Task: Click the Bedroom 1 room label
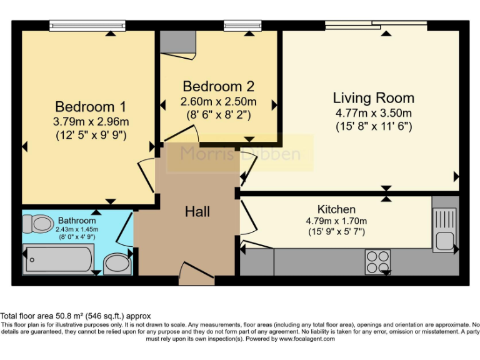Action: coord(85,106)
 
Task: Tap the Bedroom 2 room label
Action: coord(218,86)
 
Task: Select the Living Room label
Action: coord(373,97)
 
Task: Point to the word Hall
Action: coord(197,212)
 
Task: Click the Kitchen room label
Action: coord(336,209)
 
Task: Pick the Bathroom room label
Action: coord(77,221)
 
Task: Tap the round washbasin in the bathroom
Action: coord(116,263)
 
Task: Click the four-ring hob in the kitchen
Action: coord(377,261)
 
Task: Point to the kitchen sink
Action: coord(445,229)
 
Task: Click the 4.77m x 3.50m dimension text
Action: coord(373,113)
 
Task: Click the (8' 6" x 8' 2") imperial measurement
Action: coord(218,114)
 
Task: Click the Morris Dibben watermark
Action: coord(240,154)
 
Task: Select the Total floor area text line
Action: coord(76,316)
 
